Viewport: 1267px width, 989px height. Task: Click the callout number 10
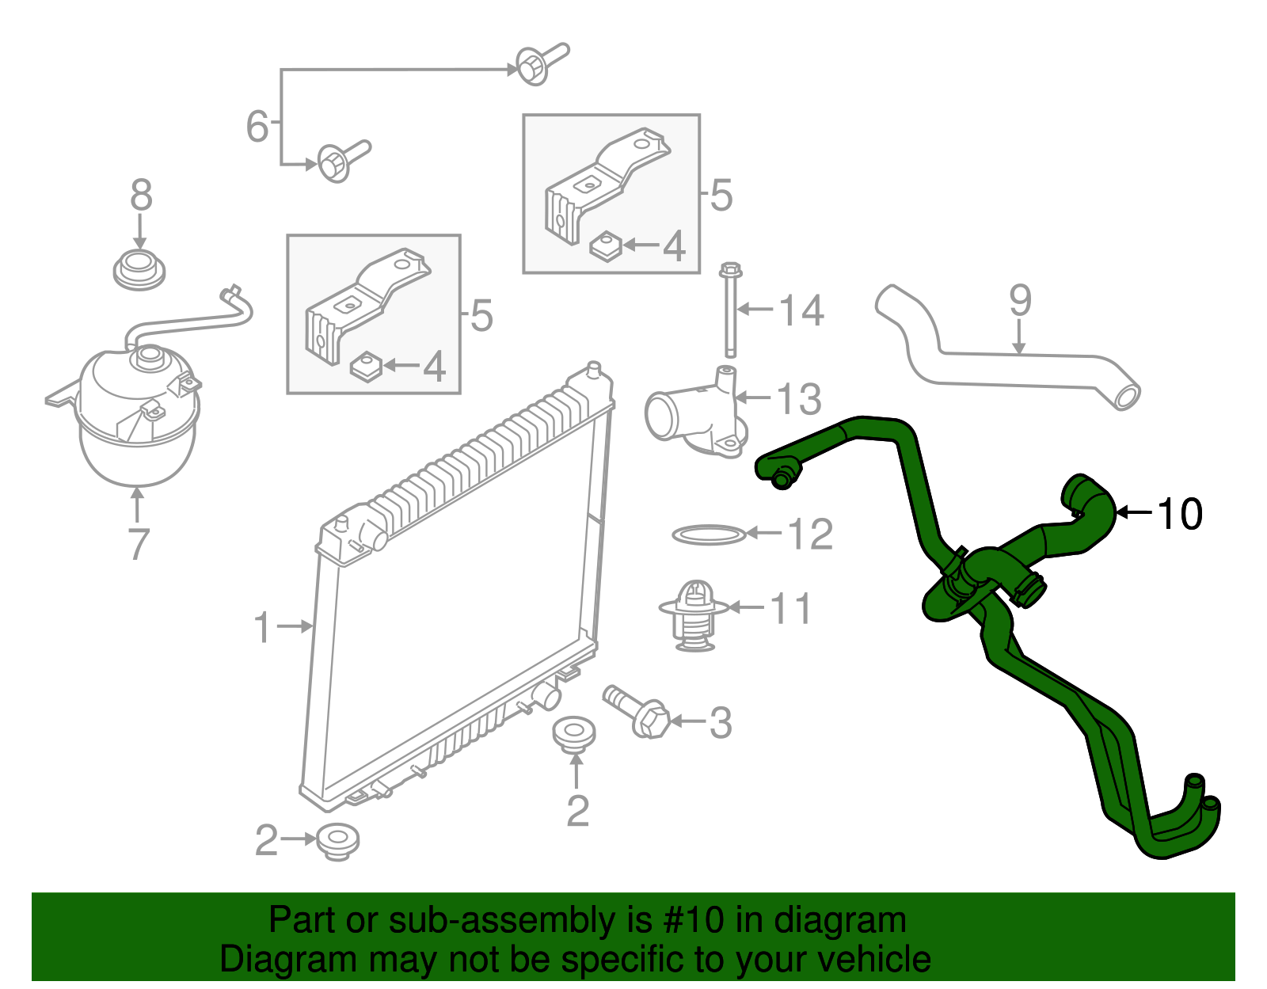(x=1180, y=513)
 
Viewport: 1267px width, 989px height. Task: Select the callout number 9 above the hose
(x=1021, y=301)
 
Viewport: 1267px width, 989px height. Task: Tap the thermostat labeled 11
(x=694, y=614)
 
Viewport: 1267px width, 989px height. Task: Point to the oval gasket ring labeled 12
(x=709, y=534)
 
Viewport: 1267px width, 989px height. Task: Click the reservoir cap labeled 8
(x=139, y=270)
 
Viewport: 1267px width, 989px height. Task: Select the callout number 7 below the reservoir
(x=139, y=543)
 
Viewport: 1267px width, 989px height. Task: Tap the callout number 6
(x=257, y=127)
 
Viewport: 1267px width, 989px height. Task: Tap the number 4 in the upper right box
(x=674, y=245)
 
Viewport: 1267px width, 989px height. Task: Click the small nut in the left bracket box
(x=366, y=367)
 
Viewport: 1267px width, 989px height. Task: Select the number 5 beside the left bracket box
(x=481, y=315)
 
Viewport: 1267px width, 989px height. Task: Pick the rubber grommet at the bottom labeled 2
(x=337, y=842)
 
